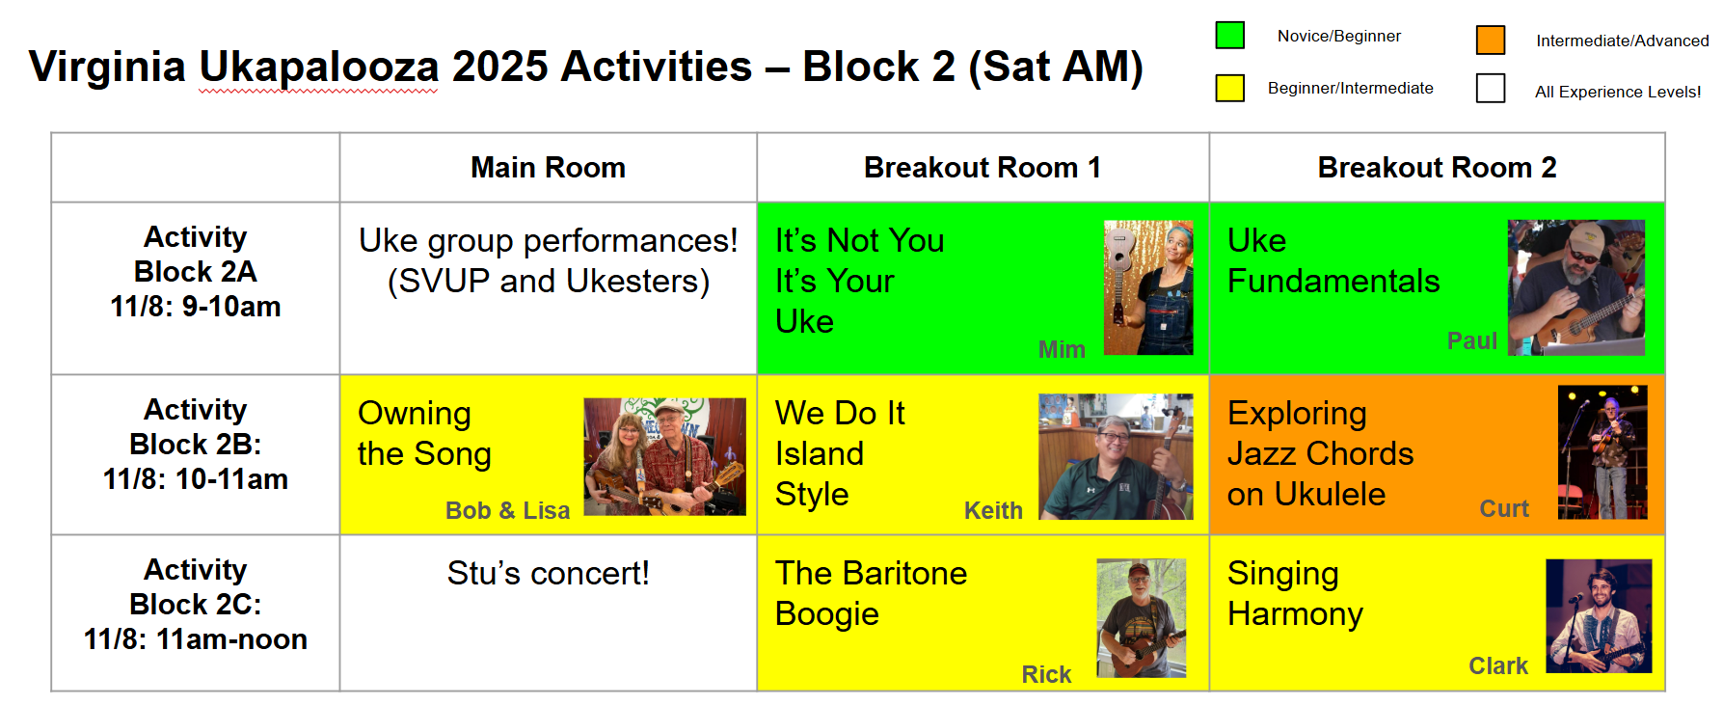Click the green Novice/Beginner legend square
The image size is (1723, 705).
(1229, 35)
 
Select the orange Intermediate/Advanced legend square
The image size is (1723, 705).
(1491, 40)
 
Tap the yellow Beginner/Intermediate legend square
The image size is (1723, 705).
(1229, 88)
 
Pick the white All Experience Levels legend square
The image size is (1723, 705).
(1491, 88)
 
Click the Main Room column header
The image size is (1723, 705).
(548, 168)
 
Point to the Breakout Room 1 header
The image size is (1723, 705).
(983, 168)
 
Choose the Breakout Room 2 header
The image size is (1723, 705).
(1437, 168)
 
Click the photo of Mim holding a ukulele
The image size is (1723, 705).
(1148, 287)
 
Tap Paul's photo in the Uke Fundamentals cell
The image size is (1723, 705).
(1576, 287)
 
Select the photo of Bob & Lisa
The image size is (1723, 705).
(665, 456)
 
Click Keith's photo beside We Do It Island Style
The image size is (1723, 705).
(1116, 456)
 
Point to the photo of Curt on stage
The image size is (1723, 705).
(1602, 452)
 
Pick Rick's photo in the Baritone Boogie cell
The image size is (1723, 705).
(1142, 618)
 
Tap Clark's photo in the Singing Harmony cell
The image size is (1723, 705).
(1599, 616)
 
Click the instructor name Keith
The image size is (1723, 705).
(993, 510)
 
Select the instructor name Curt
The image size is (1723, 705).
(1504, 508)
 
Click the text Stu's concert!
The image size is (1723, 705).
(548, 574)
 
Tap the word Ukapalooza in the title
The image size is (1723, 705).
(318, 68)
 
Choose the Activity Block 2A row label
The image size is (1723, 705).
(196, 272)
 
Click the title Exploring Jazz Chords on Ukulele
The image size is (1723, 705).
(1320, 453)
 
